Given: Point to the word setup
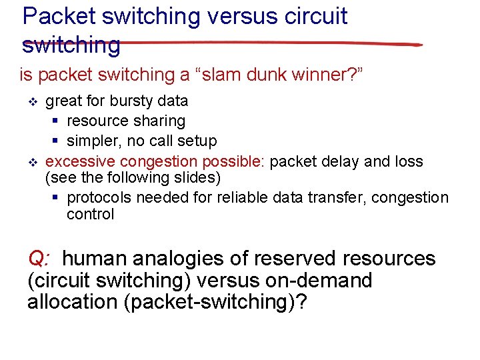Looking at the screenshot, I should tap(197, 141).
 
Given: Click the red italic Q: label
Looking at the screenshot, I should tap(39, 259).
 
